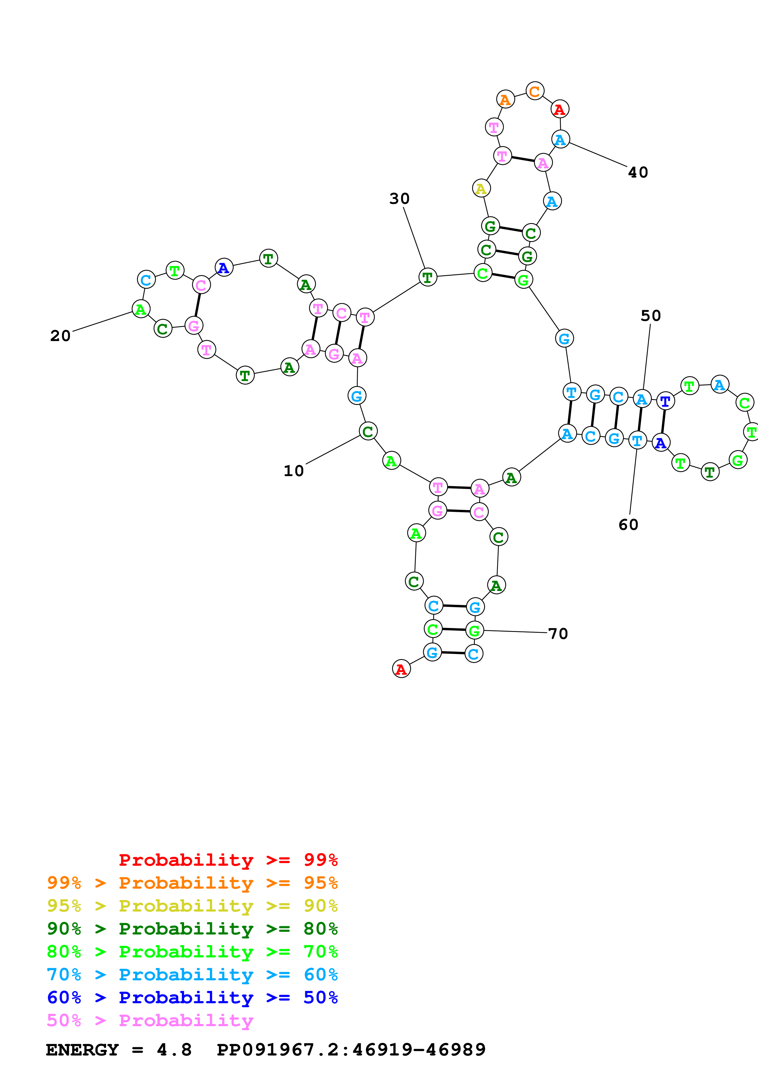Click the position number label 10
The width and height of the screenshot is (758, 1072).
(293, 471)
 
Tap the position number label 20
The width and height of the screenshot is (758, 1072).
(60, 336)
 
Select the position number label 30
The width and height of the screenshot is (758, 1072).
(399, 198)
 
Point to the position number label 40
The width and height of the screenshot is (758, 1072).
(638, 172)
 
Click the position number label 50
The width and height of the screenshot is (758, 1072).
(651, 316)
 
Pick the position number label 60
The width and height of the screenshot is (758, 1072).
(628, 524)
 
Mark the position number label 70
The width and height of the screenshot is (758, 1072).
(558, 633)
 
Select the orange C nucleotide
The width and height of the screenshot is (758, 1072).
(535, 91)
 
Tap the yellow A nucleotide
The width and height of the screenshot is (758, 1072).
(481, 188)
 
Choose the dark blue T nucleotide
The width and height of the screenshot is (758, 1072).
(665, 401)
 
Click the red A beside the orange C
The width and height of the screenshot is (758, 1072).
(560, 109)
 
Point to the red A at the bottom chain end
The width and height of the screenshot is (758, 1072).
(401, 669)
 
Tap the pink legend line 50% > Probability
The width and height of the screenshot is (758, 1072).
(150, 1020)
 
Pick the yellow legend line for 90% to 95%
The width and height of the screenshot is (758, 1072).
(192, 905)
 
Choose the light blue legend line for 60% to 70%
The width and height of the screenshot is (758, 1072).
(192, 975)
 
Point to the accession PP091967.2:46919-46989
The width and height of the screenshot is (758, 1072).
(351, 1050)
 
